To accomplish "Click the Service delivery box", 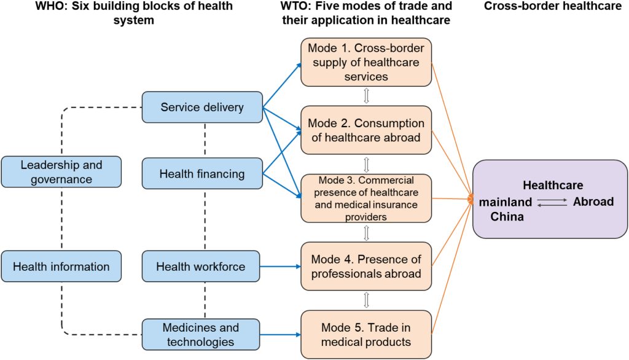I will click(201, 108).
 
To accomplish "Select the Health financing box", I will click(201, 174).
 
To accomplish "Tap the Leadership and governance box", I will click(61, 172).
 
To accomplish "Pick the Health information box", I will click(61, 266).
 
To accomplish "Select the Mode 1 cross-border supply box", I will click(366, 61).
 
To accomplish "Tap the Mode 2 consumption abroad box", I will click(366, 130).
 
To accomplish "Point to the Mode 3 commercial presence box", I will click(366, 198).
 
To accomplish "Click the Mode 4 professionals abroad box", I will click(366, 266).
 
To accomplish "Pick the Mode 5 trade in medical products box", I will click(366, 334).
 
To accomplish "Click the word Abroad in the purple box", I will click(593, 202).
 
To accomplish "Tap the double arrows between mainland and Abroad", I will click(551, 202).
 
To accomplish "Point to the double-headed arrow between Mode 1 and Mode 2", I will click(367, 96).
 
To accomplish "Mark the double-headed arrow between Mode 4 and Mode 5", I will click(367, 300).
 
